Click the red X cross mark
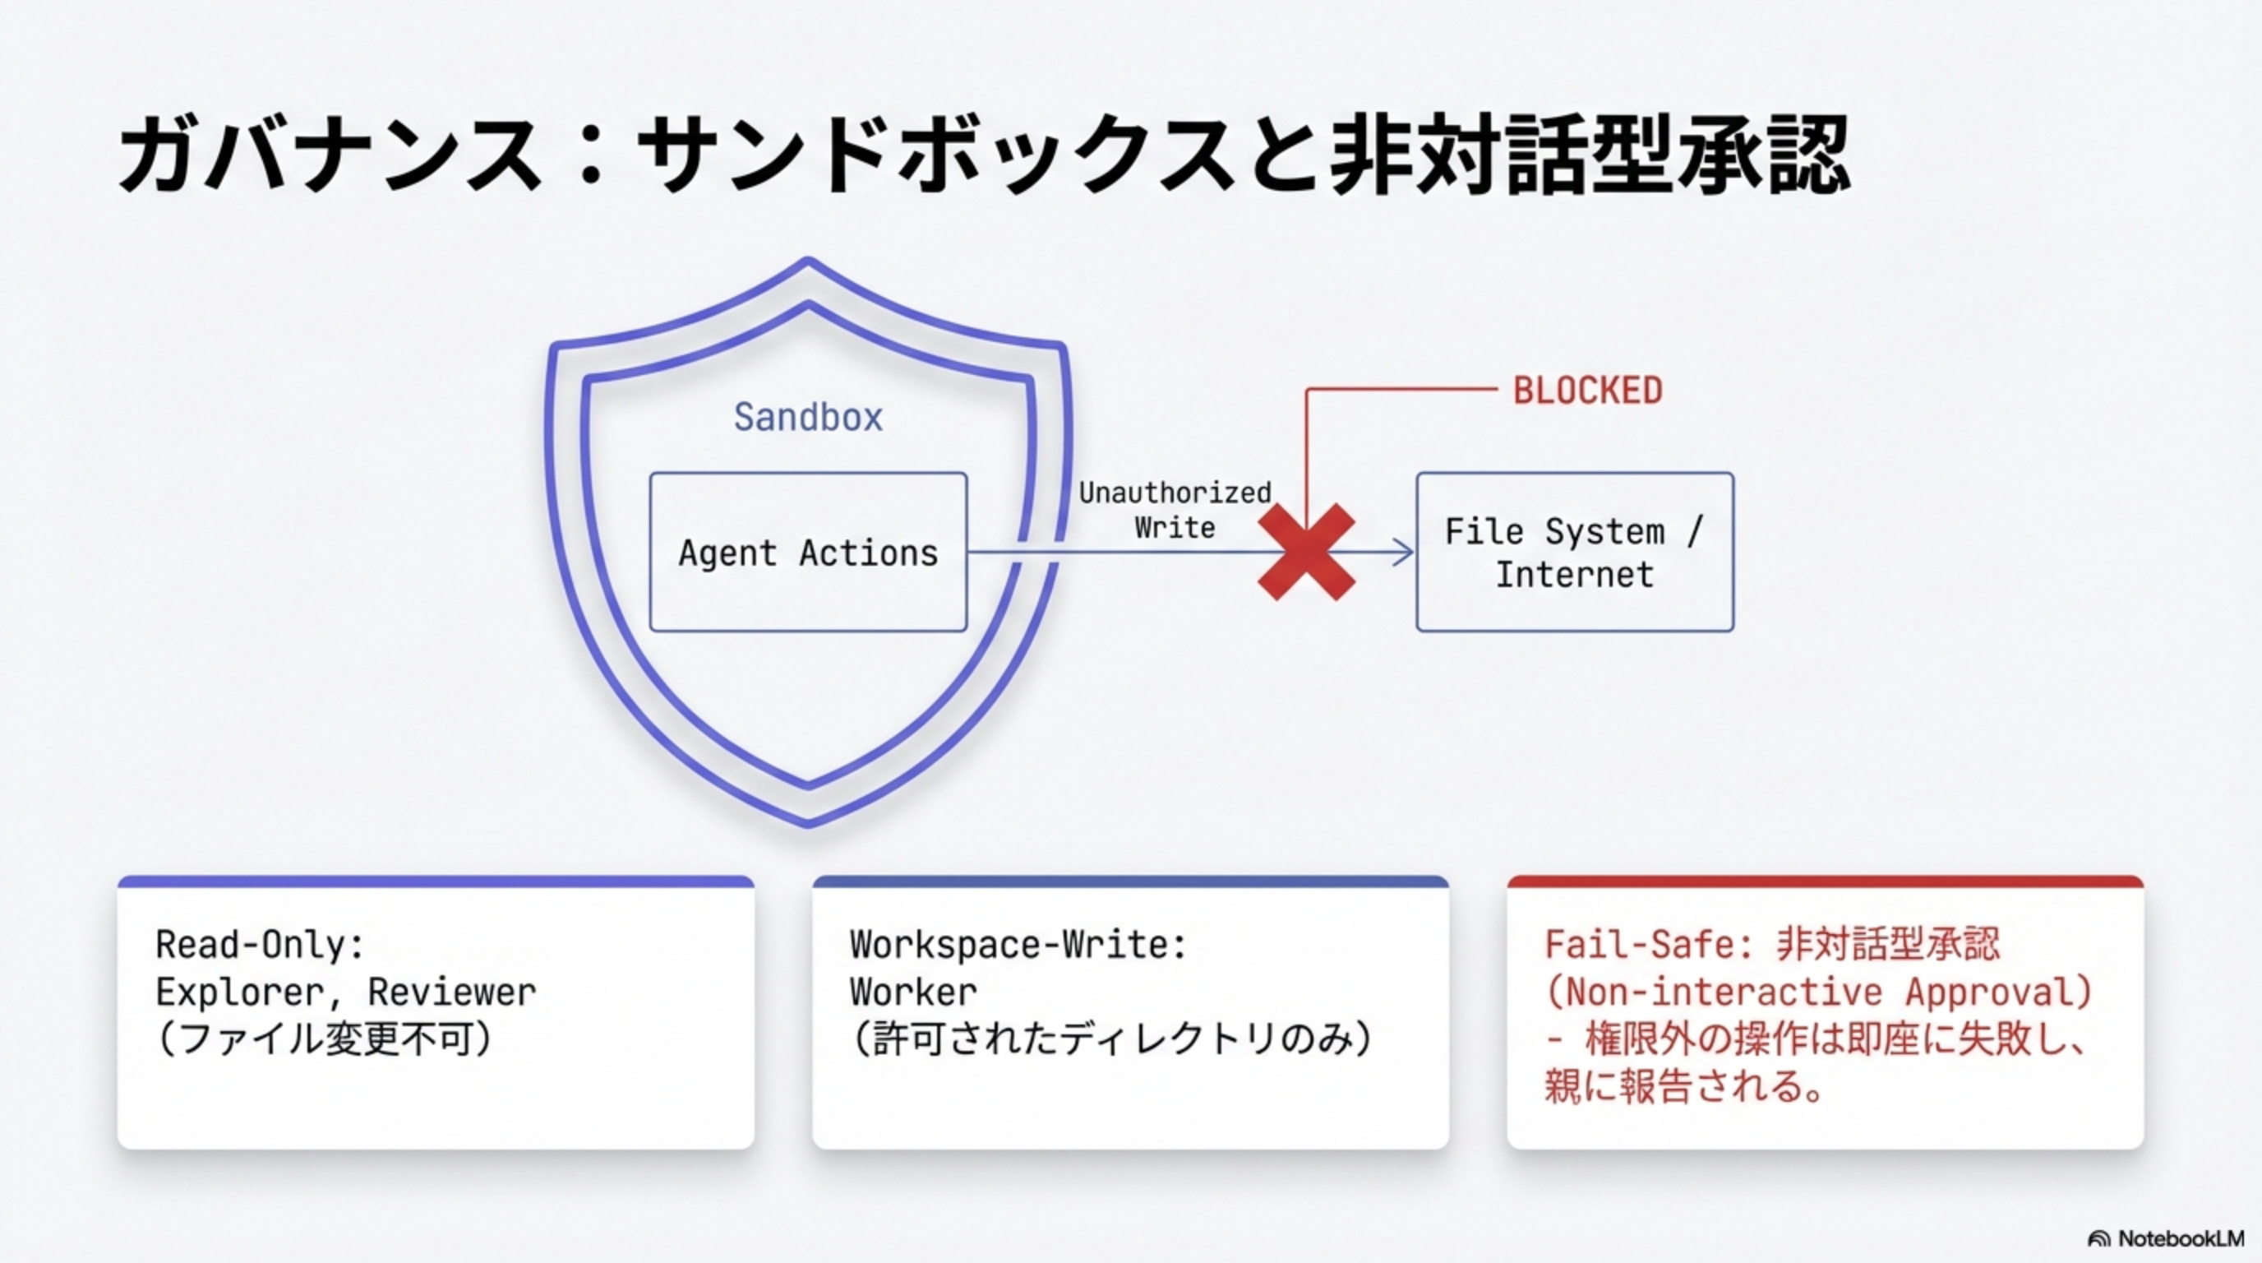[1306, 552]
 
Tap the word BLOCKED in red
[1586, 390]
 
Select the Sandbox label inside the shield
[808, 416]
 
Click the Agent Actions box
[808, 553]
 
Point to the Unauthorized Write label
[1174, 510]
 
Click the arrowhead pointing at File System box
[1405, 553]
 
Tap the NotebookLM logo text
[2180, 1238]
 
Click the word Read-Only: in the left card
[260, 945]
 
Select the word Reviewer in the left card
[451, 992]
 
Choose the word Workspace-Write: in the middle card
[1018, 945]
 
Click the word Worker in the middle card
[913, 992]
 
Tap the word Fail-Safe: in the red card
[1648, 945]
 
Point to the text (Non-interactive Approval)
[1817, 992]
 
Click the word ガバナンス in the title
[330, 156]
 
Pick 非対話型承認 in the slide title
[1590, 156]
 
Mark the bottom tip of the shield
[808, 823]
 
